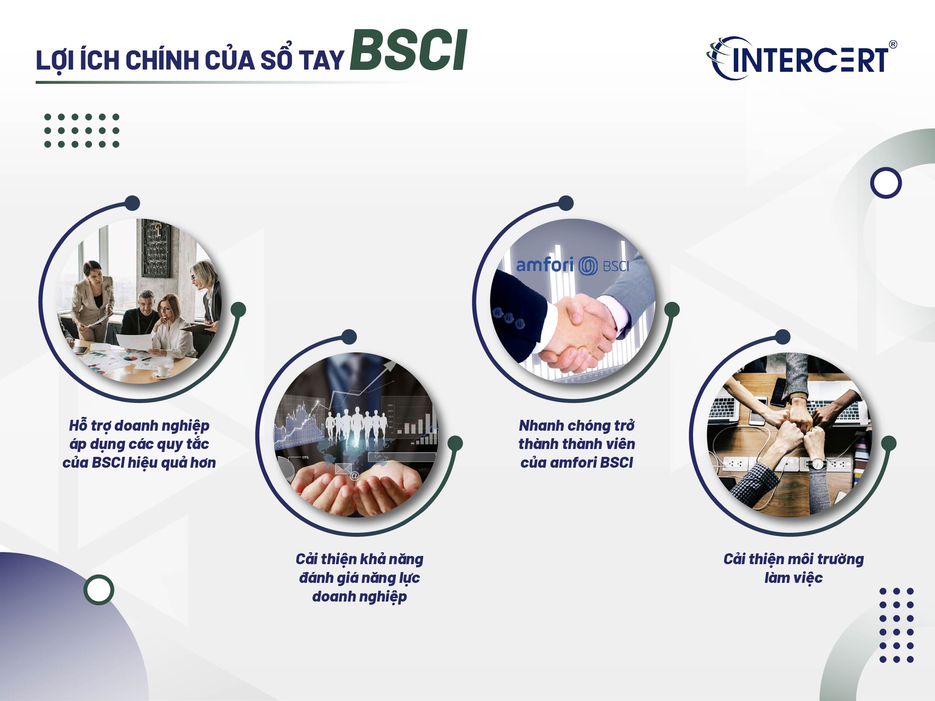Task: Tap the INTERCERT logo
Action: point(801,59)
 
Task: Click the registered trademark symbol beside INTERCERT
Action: point(893,44)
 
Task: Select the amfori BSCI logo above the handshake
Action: point(572,266)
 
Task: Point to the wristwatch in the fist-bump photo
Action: point(818,464)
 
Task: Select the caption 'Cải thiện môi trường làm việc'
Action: point(793,568)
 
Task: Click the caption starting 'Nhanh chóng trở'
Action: point(577,444)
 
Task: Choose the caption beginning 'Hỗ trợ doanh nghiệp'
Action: point(139,444)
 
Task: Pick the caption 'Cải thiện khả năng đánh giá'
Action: point(359,577)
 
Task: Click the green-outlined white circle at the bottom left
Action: point(99,590)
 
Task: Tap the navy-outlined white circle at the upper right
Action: point(886,183)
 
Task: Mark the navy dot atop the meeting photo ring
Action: point(133,203)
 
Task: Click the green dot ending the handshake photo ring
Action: point(672,310)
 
